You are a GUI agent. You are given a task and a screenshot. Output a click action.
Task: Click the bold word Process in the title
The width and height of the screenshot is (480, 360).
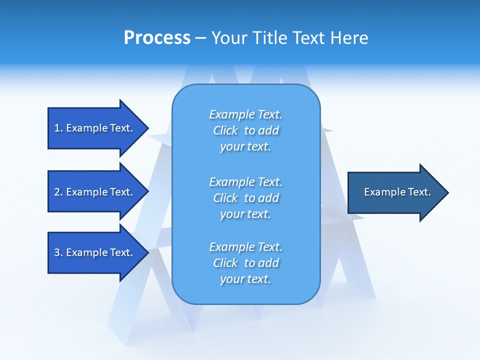pos(157,38)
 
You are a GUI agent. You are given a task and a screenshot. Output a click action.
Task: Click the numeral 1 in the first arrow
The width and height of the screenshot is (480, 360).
pos(57,128)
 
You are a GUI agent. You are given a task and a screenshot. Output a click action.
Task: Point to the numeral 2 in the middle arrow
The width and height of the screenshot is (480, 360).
pos(57,192)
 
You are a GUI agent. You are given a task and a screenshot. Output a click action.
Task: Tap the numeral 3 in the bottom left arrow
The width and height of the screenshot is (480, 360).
pos(57,252)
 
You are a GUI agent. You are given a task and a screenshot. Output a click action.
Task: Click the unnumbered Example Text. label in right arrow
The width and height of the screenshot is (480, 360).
pos(397,192)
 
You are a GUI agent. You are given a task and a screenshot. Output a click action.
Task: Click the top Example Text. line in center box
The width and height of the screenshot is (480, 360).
pos(245,114)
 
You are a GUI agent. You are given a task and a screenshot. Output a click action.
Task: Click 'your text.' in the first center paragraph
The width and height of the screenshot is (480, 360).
pos(245,147)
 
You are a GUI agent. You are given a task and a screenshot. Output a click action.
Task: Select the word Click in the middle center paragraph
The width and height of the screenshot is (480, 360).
pos(225,198)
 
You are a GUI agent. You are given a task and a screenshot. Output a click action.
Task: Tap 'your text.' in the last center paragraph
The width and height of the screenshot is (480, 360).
pos(245,279)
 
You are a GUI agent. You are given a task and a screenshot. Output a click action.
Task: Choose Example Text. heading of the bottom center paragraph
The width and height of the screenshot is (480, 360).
pos(245,247)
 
